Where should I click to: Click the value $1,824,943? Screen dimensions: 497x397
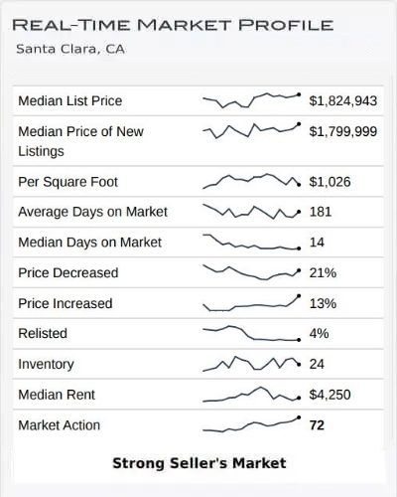tap(342, 100)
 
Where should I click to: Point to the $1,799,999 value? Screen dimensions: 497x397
tap(342, 130)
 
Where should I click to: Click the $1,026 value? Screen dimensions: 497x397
tap(331, 182)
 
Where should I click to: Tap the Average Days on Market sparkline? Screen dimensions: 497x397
tap(251, 212)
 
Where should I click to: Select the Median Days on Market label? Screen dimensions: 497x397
tap(89, 243)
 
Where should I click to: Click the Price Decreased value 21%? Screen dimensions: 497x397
tap(323, 272)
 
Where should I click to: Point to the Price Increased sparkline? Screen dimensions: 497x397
tap(251, 303)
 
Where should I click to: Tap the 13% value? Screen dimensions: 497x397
tap(323, 303)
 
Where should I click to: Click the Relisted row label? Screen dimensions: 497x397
tap(45, 334)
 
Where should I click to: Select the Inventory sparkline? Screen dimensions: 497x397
tap(251, 364)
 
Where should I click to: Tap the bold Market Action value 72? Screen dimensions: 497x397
tap(318, 425)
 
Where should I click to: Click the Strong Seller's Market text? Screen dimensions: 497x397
tap(198, 463)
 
